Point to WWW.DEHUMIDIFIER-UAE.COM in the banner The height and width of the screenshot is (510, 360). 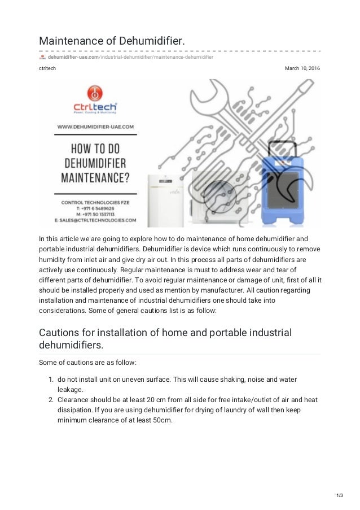[x=95, y=128]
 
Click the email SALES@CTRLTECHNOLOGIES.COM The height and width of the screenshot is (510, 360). [x=96, y=220]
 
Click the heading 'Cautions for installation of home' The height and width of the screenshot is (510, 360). [x=165, y=332]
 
